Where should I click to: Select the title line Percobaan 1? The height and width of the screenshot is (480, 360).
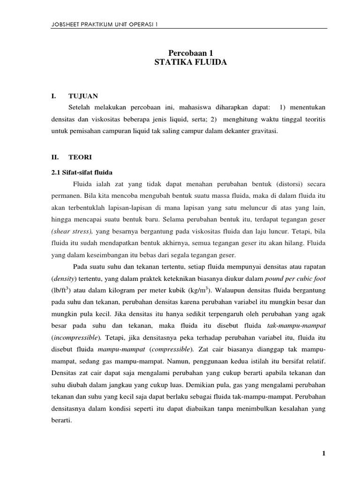coord(190,53)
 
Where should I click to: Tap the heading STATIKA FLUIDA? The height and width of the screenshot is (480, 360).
coord(190,62)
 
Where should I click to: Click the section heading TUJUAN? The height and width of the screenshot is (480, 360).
coord(83,96)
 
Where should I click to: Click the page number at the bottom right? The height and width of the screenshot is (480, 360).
coord(323,453)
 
